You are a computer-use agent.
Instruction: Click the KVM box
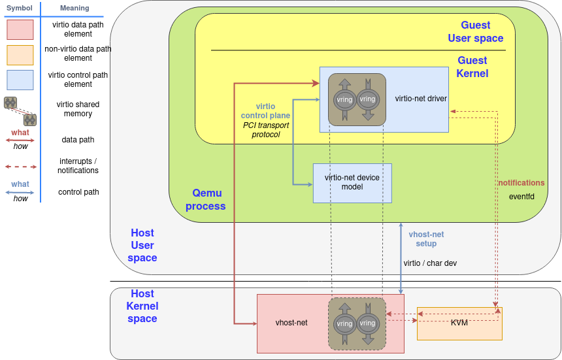tap(459, 323)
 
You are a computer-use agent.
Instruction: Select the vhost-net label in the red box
tap(291, 323)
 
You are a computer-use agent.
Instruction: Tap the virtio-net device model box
tap(352, 183)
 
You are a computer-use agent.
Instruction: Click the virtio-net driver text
tap(421, 99)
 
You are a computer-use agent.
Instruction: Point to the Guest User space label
tap(476, 31)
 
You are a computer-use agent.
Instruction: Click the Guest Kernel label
tap(472, 67)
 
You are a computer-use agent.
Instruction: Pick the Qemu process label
tap(206, 199)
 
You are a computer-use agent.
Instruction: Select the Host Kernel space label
tap(142, 306)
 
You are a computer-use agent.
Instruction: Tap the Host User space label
tap(142, 245)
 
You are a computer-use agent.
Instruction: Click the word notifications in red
tap(521, 183)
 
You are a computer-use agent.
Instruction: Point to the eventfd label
tap(526, 196)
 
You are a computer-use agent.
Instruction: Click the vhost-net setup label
tap(426, 239)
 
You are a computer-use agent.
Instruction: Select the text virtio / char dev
tap(430, 263)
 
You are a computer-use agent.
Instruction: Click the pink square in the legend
tap(20, 29)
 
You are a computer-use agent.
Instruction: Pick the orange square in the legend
tap(20, 55)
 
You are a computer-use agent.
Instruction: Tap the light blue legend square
tap(20, 80)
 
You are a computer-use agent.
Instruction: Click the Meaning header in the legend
tap(74, 8)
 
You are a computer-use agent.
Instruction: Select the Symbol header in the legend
tap(20, 8)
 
